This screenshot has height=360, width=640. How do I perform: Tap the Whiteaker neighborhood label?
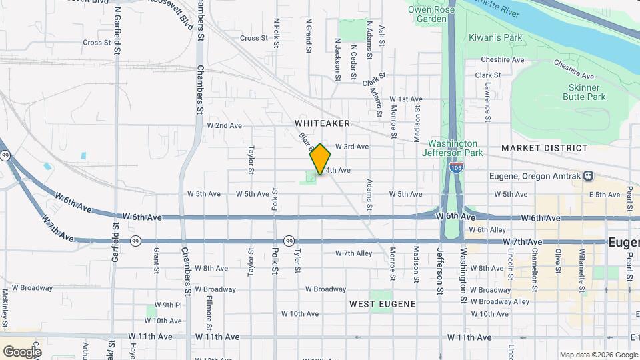322,123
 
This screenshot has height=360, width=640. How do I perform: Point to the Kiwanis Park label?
495,38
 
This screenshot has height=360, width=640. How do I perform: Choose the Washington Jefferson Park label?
453,148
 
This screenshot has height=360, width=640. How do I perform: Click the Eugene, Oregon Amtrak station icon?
589,176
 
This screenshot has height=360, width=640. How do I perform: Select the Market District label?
545,148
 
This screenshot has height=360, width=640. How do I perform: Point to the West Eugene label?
383,304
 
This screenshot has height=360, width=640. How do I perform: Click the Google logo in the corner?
22,351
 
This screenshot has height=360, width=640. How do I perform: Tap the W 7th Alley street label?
353,253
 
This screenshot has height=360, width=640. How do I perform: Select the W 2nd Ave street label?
224,125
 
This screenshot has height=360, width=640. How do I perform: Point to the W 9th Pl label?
168,305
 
